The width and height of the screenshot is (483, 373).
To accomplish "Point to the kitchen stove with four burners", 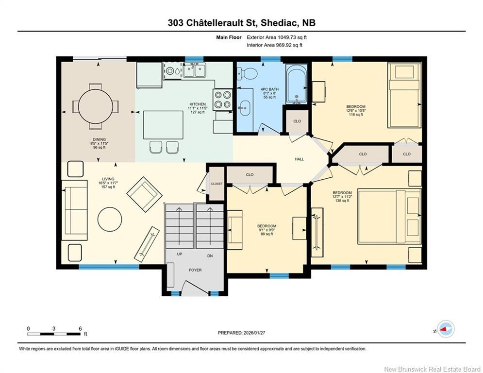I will pyautogui.click(x=222, y=99).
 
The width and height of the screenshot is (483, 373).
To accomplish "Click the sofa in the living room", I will pyautogui.click(x=74, y=210).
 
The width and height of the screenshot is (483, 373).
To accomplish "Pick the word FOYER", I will pyautogui.click(x=195, y=270).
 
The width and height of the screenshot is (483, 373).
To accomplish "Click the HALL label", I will pyautogui.click(x=300, y=159).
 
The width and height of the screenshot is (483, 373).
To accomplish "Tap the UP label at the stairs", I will pyautogui.click(x=180, y=254).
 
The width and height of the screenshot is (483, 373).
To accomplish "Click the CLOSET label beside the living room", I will pyautogui.click(x=217, y=184).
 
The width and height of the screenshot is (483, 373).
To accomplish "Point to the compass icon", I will pyautogui.click(x=445, y=329).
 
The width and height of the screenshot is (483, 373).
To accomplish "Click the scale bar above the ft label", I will pyautogui.click(x=54, y=333).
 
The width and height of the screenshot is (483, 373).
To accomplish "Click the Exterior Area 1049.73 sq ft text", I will pyautogui.click(x=277, y=37).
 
